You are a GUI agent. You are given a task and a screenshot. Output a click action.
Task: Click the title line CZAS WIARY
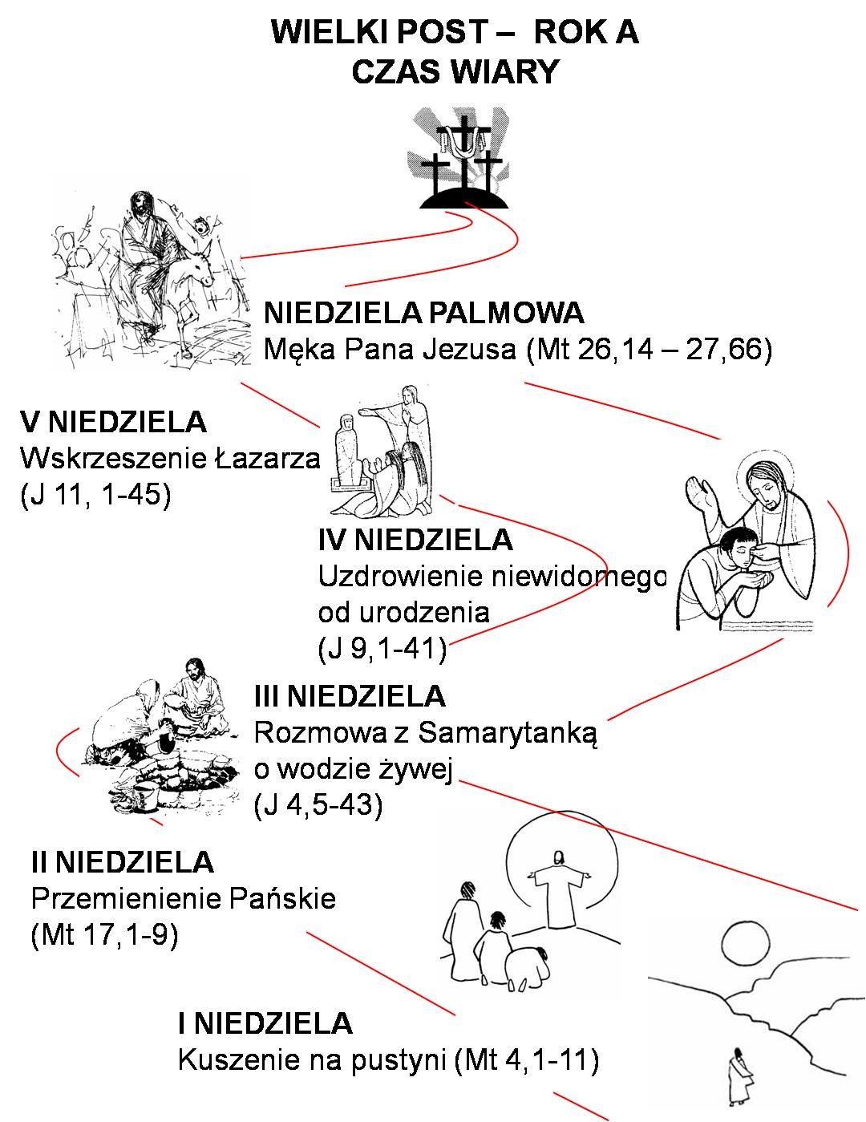[x=455, y=71]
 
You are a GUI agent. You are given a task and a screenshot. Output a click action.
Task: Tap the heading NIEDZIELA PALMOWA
[x=423, y=313]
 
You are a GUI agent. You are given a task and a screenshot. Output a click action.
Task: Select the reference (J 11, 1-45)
[x=95, y=495]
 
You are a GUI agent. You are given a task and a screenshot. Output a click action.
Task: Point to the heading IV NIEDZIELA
[x=415, y=540]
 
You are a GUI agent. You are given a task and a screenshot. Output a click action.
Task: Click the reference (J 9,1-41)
[x=382, y=649]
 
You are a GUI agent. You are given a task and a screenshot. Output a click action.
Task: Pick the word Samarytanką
[x=508, y=733]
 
